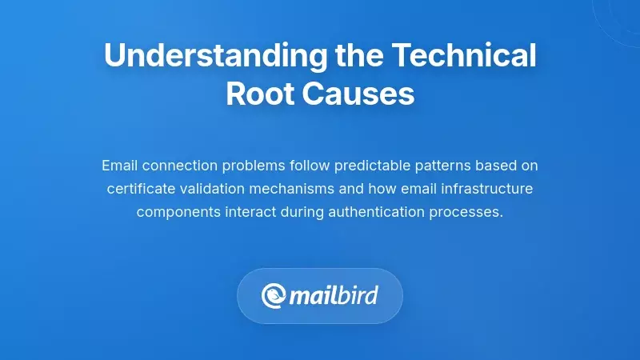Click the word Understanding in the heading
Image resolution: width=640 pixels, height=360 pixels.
pos(214,56)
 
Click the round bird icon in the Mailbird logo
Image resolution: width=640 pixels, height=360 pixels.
pos(274,296)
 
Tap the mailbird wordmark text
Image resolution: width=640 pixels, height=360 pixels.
pos(334,296)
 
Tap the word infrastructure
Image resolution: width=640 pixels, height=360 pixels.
pos(490,189)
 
